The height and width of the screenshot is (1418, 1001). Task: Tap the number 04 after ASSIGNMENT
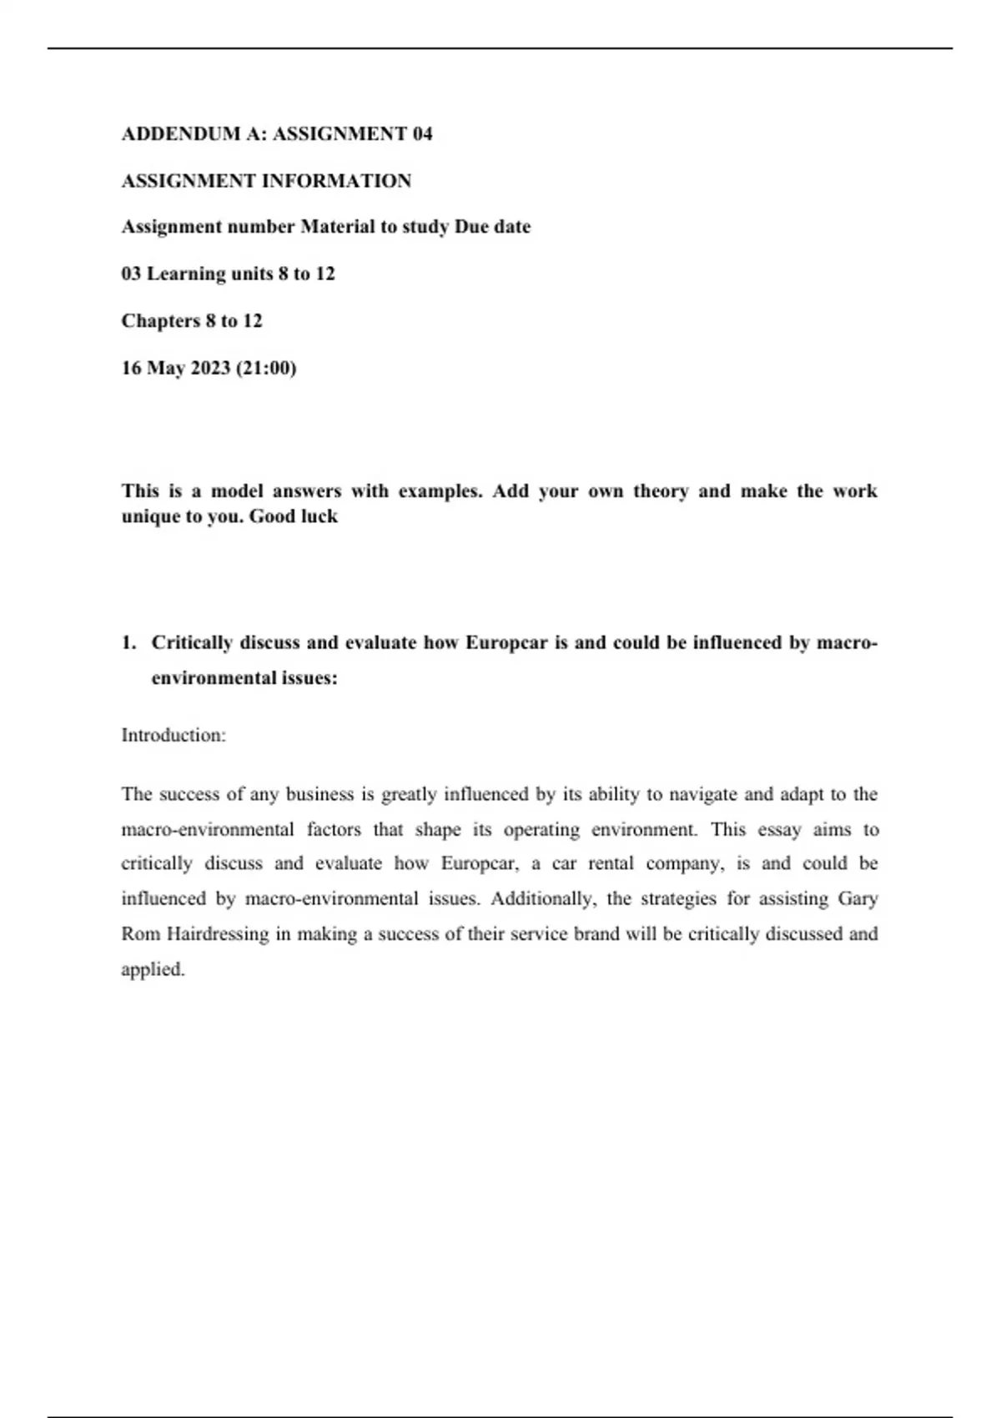click(x=422, y=133)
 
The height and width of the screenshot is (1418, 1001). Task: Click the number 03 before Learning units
click(x=131, y=274)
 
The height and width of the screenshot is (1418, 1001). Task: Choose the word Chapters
click(x=161, y=321)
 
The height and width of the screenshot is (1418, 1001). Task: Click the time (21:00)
click(x=266, y=368)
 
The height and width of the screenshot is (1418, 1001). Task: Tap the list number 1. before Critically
click(x=128, y=642)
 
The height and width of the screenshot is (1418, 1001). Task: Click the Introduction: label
click(x=174, y=735)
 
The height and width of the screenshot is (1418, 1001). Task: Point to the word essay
click(x=779, y=829)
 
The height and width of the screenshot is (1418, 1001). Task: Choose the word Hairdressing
click(x=218, y=934)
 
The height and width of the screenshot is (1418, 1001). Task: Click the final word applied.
click(x=153, y=969)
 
